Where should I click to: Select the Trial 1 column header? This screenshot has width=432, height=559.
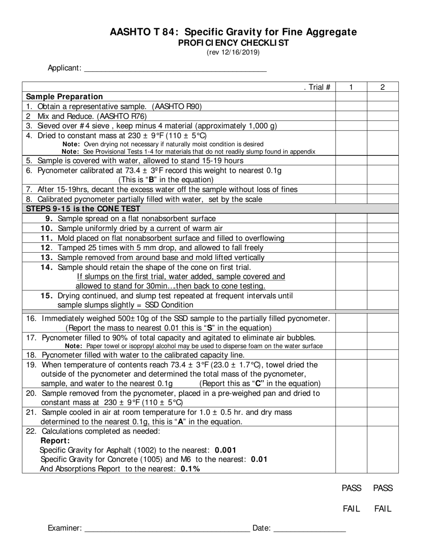pyautogui.click(x=351, y=87)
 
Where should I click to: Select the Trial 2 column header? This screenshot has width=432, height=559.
pyautogui.click(x=382, y=87)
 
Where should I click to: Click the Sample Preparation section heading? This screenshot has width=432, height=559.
pyautogui.click(x=65, y=96)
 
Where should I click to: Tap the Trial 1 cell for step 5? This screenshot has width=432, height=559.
pyautogui.click(x=351, y=160)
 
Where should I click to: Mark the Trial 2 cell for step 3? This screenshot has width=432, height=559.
pyautogui.click(x=382, y=125)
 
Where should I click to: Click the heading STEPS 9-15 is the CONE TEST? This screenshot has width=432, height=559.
pyautogui.click(x=83, y=209)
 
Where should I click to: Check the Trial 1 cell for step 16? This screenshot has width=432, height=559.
pyautogui.click(x=351, y=323)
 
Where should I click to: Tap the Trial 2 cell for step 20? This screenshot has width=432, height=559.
pyautogui.click(x=382, y=398)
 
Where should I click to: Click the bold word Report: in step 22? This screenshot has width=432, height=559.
pyautogui.click(x=55, y=440)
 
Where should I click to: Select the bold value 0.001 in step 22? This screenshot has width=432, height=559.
pyautogui.click(x=226, y=450)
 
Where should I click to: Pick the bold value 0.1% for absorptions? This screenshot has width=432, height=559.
pyautogui.click(x=190, y=469)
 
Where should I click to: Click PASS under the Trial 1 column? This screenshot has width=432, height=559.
pyautogui.click(x=352, y=488)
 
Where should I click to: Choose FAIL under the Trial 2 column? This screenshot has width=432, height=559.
pyautogui.click(x=382, y=509)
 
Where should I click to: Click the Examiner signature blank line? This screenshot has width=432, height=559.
pyautogui.click(x=167, y=528)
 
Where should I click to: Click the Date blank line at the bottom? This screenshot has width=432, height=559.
pyautogui.click(x=310, y=528)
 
